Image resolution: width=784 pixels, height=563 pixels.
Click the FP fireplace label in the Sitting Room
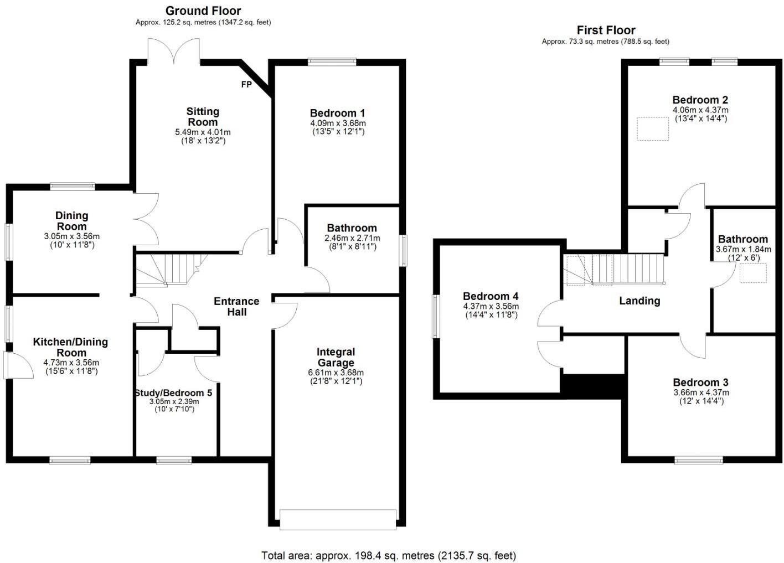246,85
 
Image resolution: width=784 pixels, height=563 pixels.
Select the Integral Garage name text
336,357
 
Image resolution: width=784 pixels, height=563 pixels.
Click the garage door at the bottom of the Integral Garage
338,519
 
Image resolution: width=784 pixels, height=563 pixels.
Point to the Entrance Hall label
236,306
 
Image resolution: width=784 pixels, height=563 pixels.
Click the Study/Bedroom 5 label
173,392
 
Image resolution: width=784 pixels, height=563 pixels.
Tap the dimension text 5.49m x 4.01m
203,132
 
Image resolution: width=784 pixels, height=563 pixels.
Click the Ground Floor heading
203,11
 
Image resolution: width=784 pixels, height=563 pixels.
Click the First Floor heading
606,30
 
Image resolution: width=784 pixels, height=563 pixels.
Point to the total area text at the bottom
388,555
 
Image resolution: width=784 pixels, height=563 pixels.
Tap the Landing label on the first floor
639,301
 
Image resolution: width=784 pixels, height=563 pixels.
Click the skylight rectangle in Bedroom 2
652,128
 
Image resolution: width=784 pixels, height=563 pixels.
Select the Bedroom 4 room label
491,296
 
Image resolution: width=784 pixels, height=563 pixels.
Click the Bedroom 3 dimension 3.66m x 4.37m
701,392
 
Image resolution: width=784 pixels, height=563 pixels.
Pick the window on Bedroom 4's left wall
436,317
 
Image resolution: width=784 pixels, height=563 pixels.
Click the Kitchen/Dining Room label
70,347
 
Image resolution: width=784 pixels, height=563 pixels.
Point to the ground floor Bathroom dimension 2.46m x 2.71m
352,238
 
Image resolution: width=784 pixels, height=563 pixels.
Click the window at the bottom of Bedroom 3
698,459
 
